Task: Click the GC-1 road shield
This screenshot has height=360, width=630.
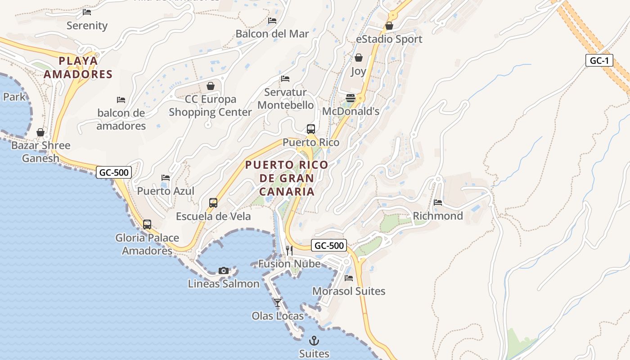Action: pos(599,61)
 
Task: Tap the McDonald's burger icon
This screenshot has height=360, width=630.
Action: pos(351,98)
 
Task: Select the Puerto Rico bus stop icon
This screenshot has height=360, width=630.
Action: pos(310,129)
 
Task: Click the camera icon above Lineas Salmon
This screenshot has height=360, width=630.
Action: pos(224,270)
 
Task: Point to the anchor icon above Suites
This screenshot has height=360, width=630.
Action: pos(314,340)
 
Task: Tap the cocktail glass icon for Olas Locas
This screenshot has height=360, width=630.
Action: pos(278,302)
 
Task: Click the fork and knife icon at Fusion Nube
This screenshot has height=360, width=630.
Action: pos(289,251)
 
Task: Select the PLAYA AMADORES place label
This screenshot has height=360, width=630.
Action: pos(78,67)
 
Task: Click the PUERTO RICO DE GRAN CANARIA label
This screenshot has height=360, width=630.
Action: pos(287,178)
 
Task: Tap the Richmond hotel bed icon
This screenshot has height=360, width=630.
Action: pos(438,202)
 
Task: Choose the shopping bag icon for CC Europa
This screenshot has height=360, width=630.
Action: pos(210,86)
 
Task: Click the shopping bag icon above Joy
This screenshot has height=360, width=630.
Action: pos(359,58)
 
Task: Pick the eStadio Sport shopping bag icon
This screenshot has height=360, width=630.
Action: pos(389,26)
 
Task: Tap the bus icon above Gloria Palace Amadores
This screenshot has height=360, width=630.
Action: pos(147,224)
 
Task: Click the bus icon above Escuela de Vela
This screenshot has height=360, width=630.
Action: pos(213,203)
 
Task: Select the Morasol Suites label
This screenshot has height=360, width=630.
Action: pos(349,291)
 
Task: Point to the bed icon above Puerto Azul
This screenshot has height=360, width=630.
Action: pos(166,178)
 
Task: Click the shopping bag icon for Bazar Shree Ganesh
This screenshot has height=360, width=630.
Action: pos(40,132)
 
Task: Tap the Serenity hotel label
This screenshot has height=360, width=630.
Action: pos(87,26)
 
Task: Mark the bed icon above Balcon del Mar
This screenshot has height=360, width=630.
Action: pos(272,21)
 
